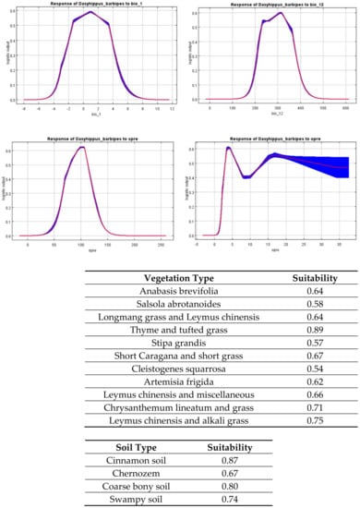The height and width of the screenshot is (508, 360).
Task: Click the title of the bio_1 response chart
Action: [x=90, y=5]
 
